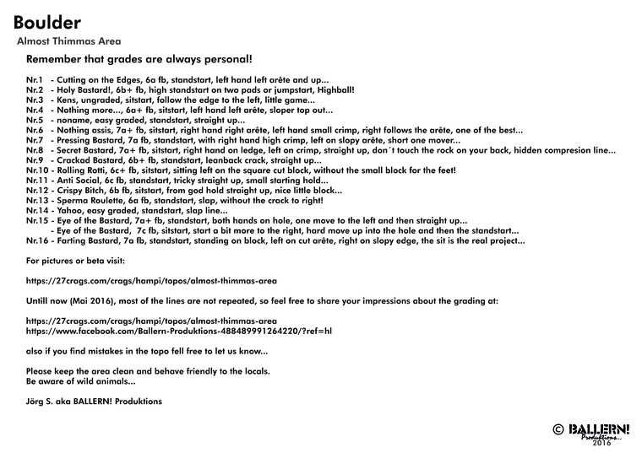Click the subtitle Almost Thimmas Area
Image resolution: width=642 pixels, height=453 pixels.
(68, 40)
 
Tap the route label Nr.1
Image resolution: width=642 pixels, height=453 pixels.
(35, 79)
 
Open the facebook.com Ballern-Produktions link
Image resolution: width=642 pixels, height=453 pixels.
(179, 332)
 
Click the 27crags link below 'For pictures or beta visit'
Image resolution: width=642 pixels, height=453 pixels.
(152, 280)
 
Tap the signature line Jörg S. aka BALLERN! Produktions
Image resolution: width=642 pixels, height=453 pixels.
(95, 402)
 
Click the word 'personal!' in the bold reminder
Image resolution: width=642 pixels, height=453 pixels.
(223, 60)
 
